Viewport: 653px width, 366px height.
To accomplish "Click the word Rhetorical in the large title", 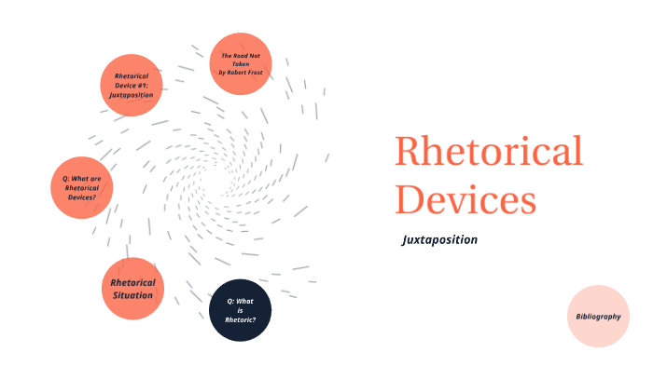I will [488, 152].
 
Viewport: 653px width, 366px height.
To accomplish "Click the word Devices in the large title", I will [465, 198].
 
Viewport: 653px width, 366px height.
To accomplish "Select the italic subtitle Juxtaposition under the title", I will [439, 239].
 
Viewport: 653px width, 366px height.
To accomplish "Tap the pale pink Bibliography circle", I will [598, 317].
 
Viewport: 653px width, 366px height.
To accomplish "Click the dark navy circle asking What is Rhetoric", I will [240, 310].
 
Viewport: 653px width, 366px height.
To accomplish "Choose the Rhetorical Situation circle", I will [132, 289].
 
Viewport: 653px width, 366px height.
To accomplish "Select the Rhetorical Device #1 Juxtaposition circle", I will [132, 85].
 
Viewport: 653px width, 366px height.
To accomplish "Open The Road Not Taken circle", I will [241, 63].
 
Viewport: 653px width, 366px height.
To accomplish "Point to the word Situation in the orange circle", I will [132, 295].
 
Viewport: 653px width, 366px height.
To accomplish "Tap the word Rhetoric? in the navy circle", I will [240, 319].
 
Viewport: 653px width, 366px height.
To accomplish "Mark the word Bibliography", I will [598, 317].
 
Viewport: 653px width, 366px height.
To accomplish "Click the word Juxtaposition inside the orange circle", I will [132, 94].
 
